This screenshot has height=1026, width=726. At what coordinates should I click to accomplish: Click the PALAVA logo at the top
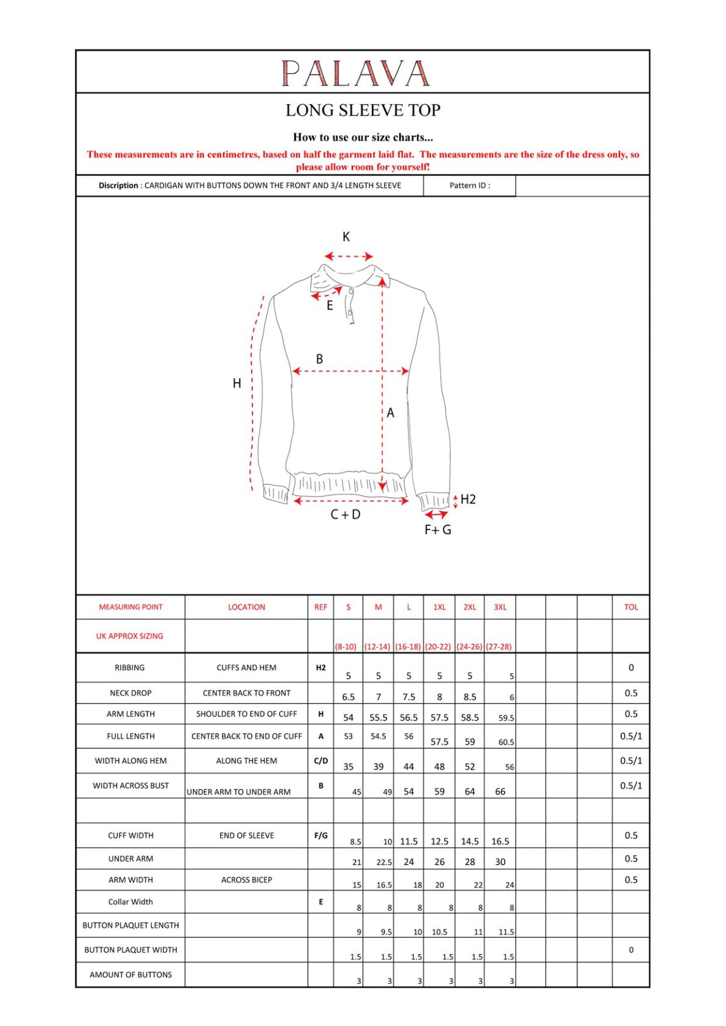click(x=355, y=73)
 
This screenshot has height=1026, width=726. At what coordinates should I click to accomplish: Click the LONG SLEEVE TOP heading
click(x=363, y=110)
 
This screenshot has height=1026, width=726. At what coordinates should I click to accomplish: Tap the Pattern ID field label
click(x=469, y=186)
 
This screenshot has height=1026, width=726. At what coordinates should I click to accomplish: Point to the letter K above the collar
click(x=346, y=237)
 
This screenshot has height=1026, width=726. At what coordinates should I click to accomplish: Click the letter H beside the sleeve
click(x=237, y=383)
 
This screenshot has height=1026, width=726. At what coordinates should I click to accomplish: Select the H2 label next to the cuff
click(x=468, y=500)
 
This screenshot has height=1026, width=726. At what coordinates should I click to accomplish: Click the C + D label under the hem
click(x=345, y=515)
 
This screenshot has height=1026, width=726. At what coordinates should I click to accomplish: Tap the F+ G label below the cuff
click(x=438, y=530)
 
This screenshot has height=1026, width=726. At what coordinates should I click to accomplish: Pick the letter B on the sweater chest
click(x=319, y=359)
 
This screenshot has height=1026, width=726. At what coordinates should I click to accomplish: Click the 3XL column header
click(x=500, y=607)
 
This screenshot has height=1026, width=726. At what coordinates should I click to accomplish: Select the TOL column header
click(x=631, y=607)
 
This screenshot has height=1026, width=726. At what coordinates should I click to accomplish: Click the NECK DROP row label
click(x=130, y=693)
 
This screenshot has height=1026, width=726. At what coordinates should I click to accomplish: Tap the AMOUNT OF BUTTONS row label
click(x=130, y=975)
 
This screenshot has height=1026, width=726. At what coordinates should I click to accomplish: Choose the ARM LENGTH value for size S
click(x=348, y=718)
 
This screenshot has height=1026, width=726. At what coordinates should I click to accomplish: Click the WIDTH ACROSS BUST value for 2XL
click(x=469, y=791)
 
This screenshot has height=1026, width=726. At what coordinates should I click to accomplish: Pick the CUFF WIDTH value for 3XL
click(x=500, y=841)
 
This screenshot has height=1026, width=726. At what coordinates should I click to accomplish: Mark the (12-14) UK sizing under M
click(x=377, y=646)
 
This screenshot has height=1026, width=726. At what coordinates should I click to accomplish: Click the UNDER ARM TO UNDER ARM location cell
click(x=238, y=792)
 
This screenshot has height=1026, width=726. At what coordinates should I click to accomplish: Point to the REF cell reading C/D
click(x=321, y=761)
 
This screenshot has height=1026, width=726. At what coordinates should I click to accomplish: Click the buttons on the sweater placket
click(x=351, y=303)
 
